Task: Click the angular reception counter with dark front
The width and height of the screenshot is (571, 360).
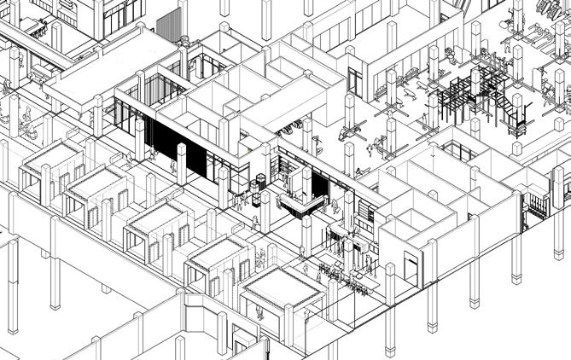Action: (x=300, y=206)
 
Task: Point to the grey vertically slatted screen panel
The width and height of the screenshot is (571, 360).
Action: (x=170, y=25)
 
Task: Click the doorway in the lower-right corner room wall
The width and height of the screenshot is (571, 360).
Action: (x=414, y=269)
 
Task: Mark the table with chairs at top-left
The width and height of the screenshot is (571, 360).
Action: (x=34, y=26)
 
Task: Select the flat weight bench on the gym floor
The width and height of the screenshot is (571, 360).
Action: (x=347, y=132)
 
